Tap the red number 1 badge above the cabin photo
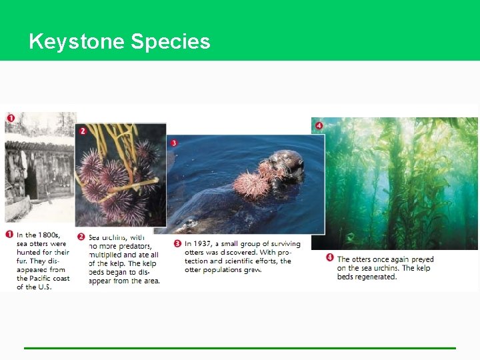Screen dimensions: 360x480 [x=11, y=119]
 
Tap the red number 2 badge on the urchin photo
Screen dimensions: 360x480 [x=83, y=131]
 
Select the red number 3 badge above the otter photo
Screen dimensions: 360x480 [x=174, y=143]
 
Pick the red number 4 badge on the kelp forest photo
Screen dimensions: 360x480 [x=319, y=125]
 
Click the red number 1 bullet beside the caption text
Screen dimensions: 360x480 [x=9, y=235]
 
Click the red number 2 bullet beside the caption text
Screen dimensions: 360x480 [x=81, y=236]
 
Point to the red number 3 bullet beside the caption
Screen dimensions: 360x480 [x=177, y=243]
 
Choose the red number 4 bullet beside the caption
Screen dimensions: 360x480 [x=330, y=258]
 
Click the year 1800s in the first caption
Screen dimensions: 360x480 [x=47, y=235]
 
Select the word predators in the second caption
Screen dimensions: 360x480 [x=131, y=246]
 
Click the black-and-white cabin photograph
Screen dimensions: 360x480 [x=40, y=170]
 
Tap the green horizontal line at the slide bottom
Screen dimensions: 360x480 [x=240, y=348]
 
